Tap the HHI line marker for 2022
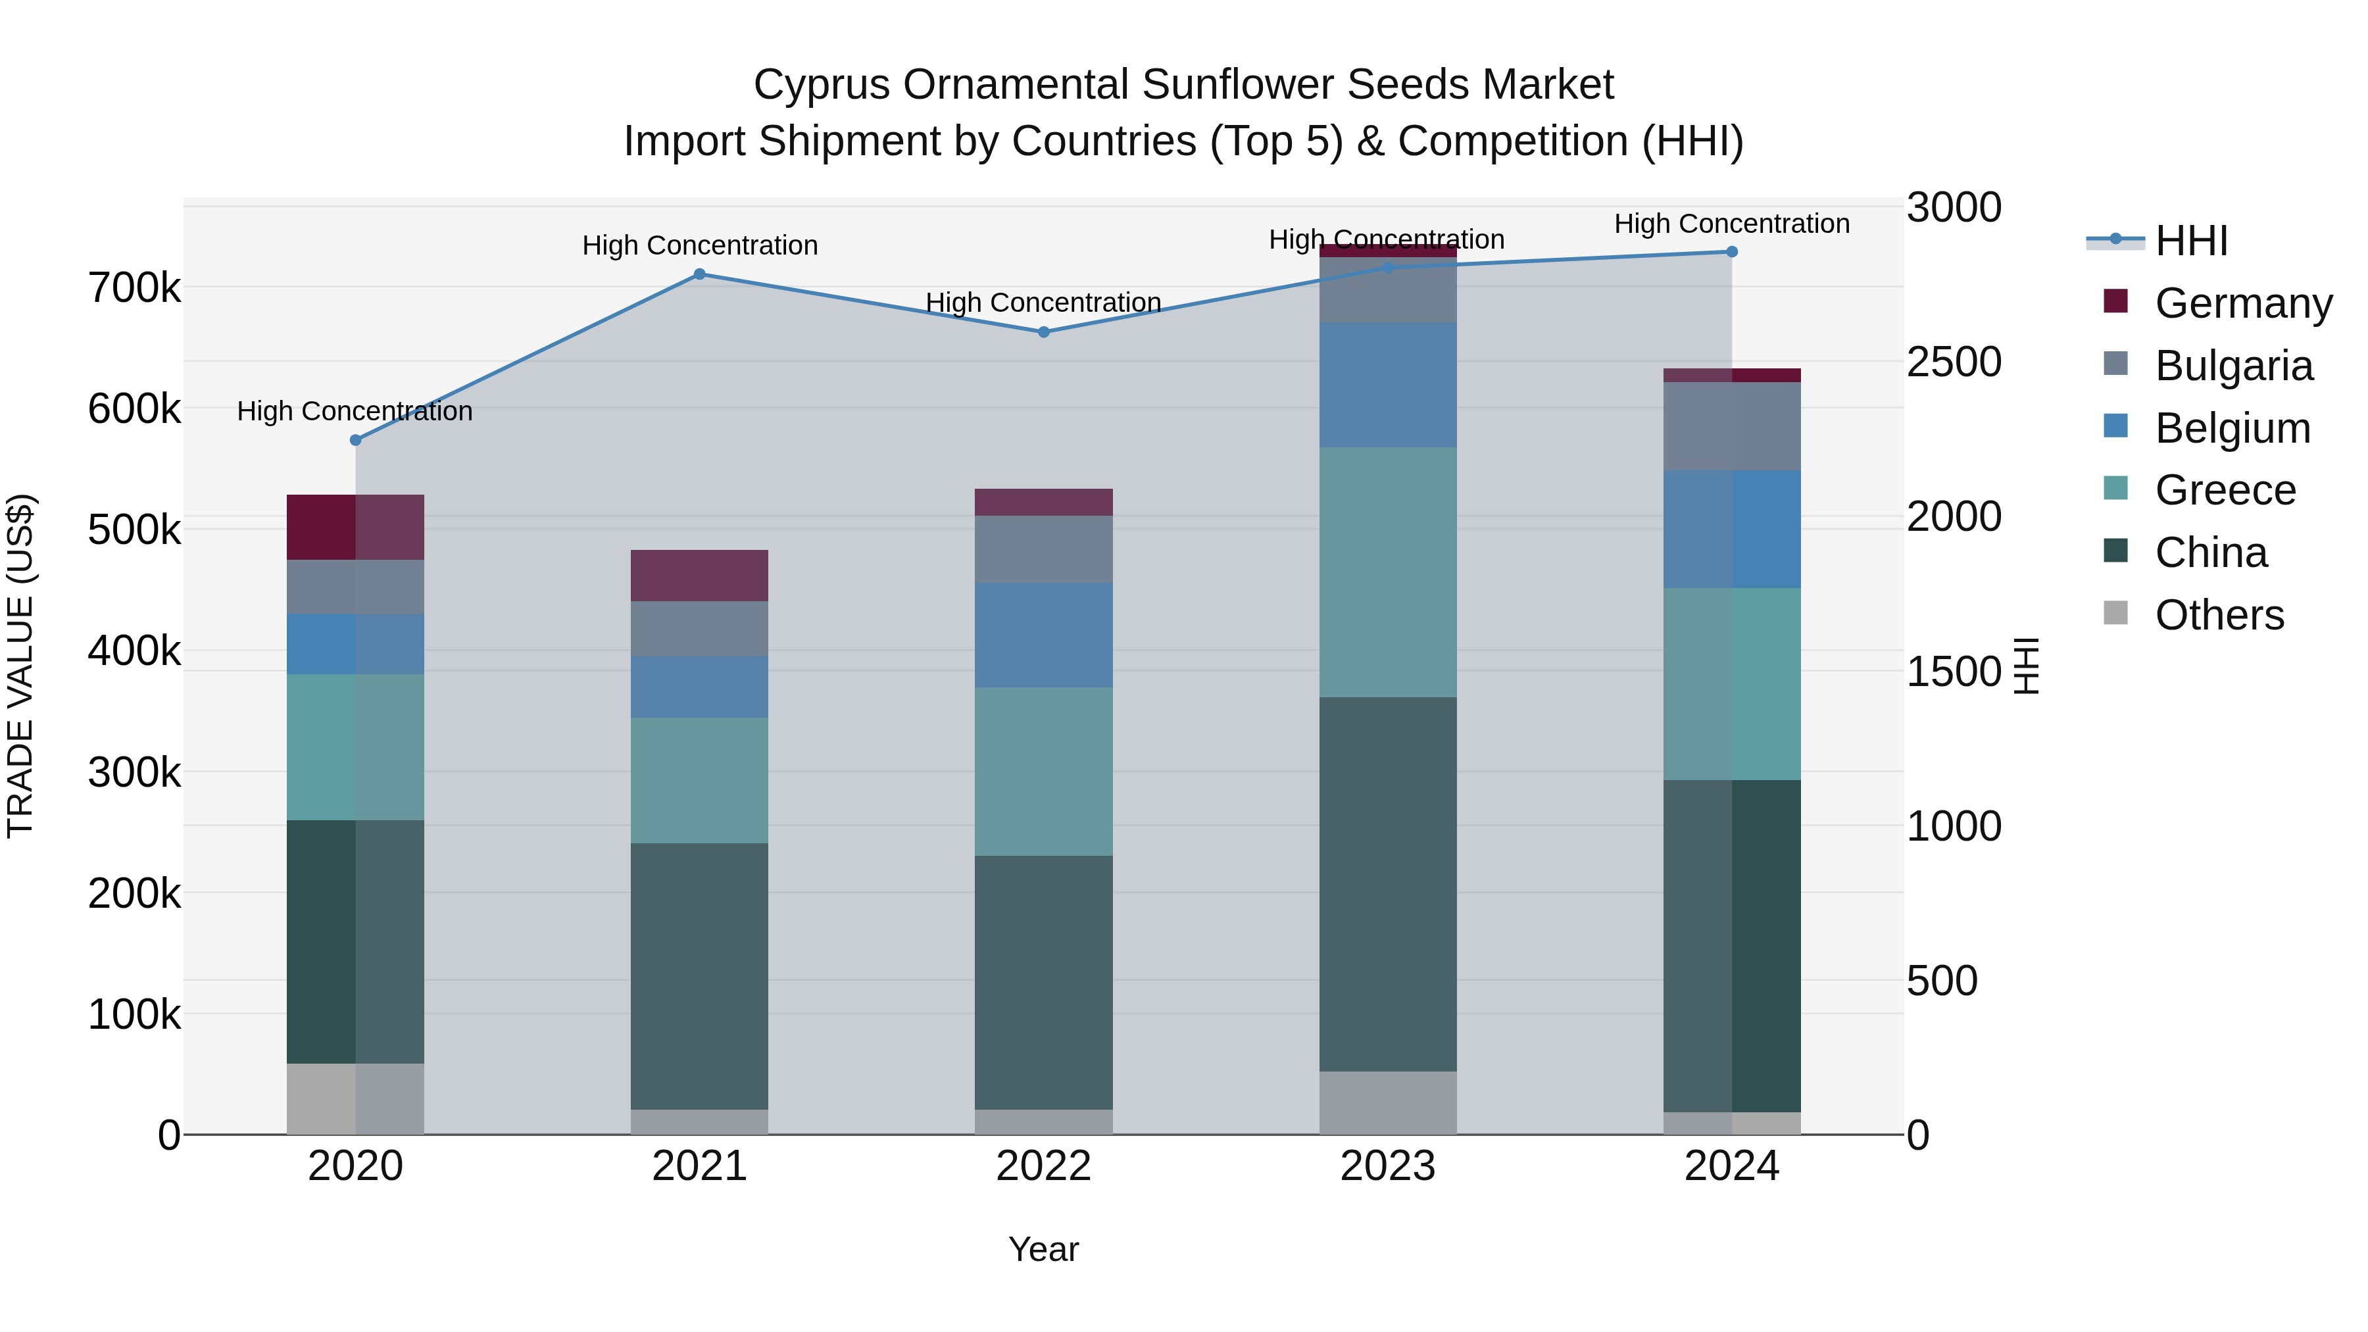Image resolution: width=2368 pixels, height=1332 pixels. (x=1043, y=332)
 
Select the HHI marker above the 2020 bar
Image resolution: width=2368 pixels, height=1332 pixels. (x=356, y=440)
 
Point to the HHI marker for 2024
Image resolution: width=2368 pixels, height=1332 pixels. (x=1732, y=252)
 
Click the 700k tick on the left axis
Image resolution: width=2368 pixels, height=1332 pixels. (x=134, y=287)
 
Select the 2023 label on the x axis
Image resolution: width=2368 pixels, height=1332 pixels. (x=1387, y=1166)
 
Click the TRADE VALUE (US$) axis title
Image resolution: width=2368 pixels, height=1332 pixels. (x=20, y=666)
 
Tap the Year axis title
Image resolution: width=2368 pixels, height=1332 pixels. (x=1043, y=1249)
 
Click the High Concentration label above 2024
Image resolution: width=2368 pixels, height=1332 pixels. (x=1732, y=224)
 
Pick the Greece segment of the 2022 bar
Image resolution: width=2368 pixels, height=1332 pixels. (x=1043, y=772)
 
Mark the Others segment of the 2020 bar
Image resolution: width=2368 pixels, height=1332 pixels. (x=356, y=1098)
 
